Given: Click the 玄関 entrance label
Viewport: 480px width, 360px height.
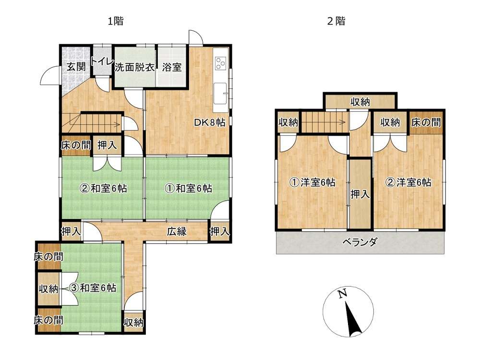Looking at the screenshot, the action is [x=76, y=66].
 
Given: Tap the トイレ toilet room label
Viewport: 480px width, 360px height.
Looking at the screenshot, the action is [x=103, y=61].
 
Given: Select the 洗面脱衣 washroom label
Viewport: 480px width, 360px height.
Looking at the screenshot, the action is [x=135, y=67].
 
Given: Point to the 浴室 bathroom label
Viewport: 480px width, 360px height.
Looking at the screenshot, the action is [x=172, y=67].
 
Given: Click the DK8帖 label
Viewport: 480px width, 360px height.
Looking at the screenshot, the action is [x=210, y=122].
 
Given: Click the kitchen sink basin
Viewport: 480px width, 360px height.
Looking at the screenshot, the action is [x=220, y=93].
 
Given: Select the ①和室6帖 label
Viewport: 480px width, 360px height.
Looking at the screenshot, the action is [x=188, y=188].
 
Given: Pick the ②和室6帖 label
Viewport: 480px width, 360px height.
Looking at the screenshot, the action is [x=104, y=188].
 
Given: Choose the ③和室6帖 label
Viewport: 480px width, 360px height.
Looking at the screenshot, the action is [x=93, y=288].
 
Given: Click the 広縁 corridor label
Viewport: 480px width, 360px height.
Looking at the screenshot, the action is [x=177, y=231].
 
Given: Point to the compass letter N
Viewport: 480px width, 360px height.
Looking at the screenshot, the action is [x=343, y=294].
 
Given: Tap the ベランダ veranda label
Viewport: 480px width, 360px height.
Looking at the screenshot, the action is [x=360, y=242].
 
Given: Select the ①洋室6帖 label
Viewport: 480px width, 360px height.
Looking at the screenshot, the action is [x=312, y=182].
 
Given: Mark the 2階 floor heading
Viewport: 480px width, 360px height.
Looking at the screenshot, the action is [x=336, y=21].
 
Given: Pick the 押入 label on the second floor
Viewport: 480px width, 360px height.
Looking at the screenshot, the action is [x=360, y=194].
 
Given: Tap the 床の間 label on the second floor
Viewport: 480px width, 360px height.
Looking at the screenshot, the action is [x=426, y=122].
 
